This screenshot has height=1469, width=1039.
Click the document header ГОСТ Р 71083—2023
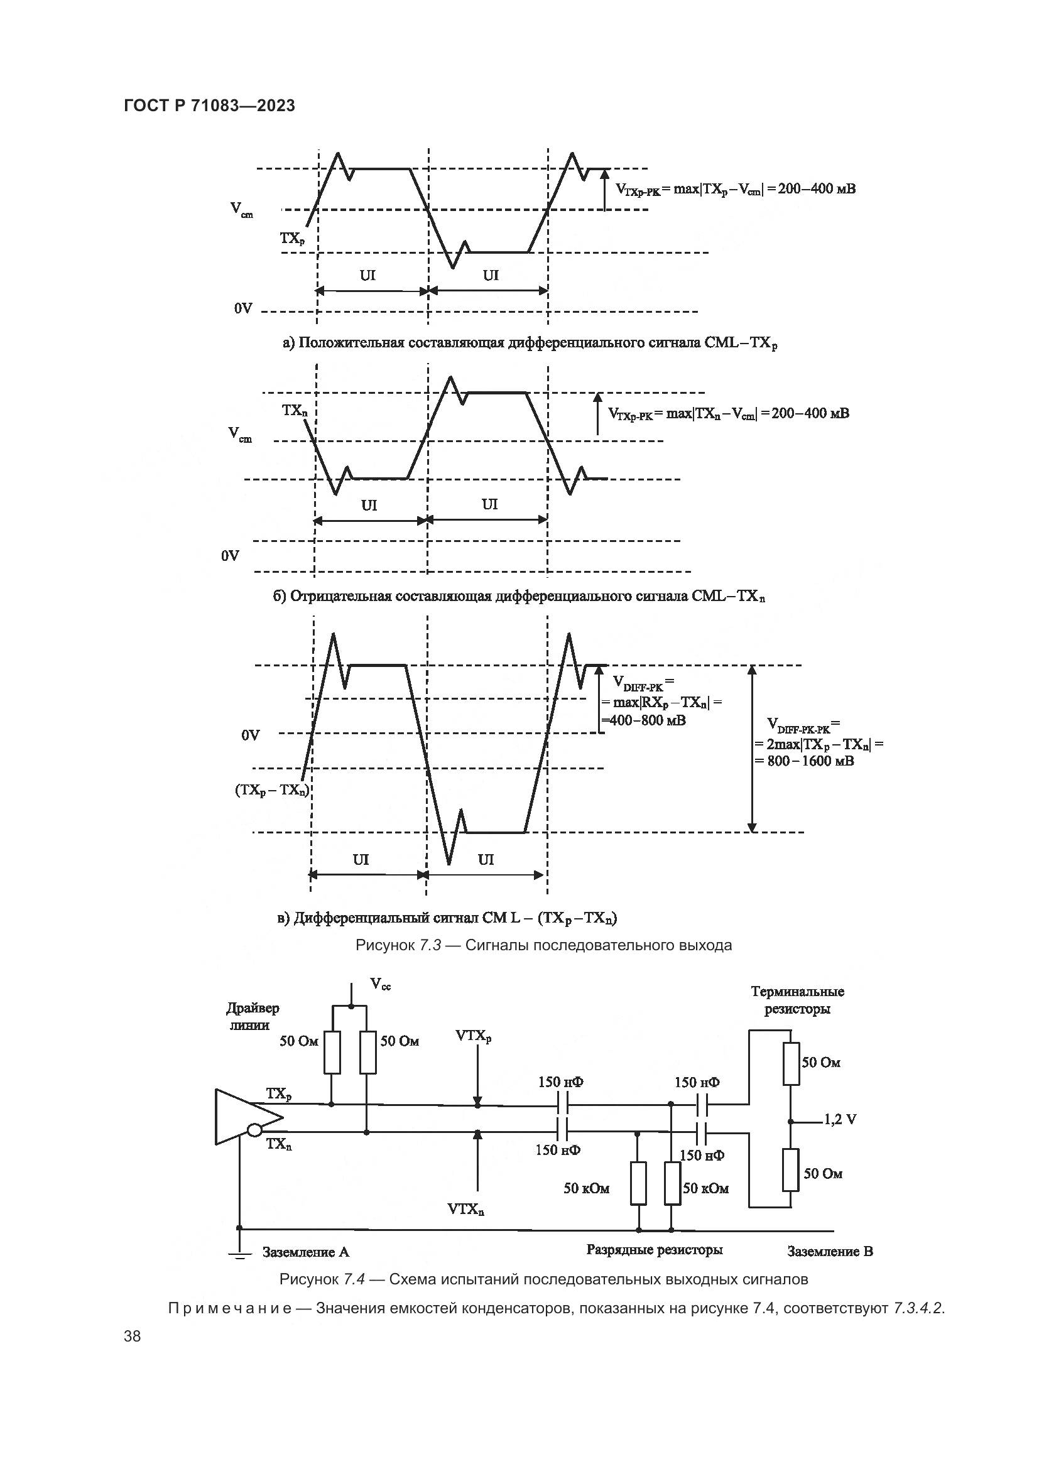pyautogui.click(x=209, y=106)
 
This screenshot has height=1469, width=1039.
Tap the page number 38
pyautogui.click(x=133, y=1336)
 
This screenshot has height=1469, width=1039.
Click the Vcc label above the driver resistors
pyautogui.click(x=381, y=985)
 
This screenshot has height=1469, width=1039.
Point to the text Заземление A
pyautogui.click(x=306, y=1252)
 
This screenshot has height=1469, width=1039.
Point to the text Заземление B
pyautogui.click(x=830, y=1251)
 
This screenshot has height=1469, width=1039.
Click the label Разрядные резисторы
pyautogui.click(x=655, y=1250)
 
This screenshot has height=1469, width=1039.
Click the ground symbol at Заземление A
pyautogui.click(x=239, y=1254)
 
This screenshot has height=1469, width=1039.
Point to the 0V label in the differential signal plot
pyautogui.click(x=250, y=735)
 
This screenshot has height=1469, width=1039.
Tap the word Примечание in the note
pyautogui.click(x=230, y=1308)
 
